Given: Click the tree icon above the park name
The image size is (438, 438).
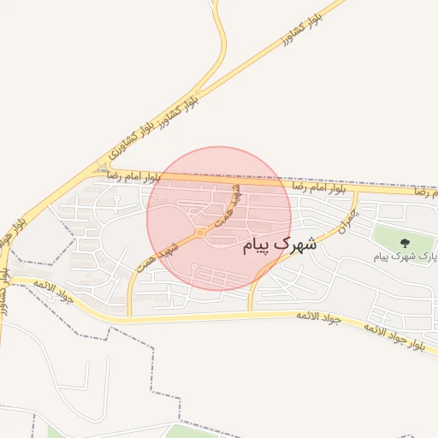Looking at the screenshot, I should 405,243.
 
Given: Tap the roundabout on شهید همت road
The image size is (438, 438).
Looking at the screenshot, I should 199,232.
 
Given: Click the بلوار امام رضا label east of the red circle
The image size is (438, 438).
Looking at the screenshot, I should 318,186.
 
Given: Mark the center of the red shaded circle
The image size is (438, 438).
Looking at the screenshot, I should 218,218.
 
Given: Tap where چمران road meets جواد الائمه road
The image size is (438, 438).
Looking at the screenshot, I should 251,313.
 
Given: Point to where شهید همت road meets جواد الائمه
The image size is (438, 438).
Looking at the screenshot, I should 130,317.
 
